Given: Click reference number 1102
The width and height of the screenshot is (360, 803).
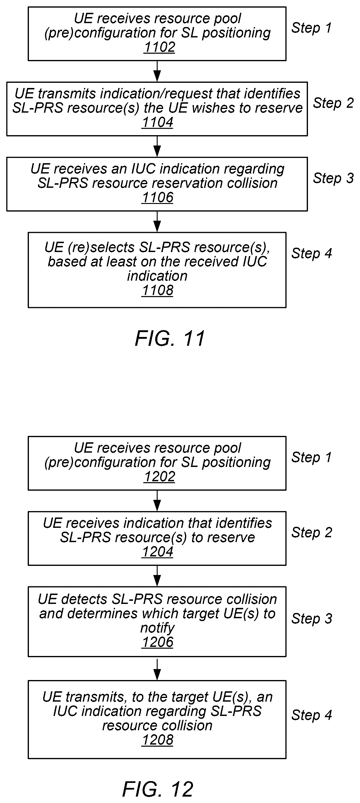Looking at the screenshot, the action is click(159, 47).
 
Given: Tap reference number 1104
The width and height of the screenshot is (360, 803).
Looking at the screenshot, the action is click(157, 122).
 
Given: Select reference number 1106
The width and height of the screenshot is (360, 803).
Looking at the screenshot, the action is click(157, 197).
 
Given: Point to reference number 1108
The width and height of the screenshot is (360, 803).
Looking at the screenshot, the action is click(157, 290).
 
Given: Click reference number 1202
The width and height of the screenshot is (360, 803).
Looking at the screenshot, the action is click(159, 477).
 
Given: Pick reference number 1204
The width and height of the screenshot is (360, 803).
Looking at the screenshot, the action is click(157, 552).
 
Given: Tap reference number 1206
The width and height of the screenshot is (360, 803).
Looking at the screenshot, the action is click(157, 642).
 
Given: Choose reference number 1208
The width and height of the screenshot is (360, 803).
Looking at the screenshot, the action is click(157, 740).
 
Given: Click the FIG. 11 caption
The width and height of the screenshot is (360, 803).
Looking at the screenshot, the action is click(170, 338).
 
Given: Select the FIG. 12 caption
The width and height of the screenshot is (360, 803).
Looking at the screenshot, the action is click(158, 789).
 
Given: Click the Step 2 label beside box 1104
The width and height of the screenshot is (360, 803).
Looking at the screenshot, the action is click(333, 103).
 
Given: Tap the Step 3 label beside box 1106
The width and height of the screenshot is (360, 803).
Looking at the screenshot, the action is click(333, 178).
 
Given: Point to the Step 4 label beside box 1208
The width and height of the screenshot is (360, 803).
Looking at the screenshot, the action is click(311, 715).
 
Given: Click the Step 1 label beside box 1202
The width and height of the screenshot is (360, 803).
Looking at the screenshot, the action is click(311, 457).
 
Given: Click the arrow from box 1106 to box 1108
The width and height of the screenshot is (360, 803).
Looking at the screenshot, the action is click(157, 222).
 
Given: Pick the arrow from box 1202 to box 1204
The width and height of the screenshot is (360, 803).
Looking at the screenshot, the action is click(157, 501).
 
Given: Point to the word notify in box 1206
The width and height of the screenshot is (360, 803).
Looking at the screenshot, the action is click(157, 628).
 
